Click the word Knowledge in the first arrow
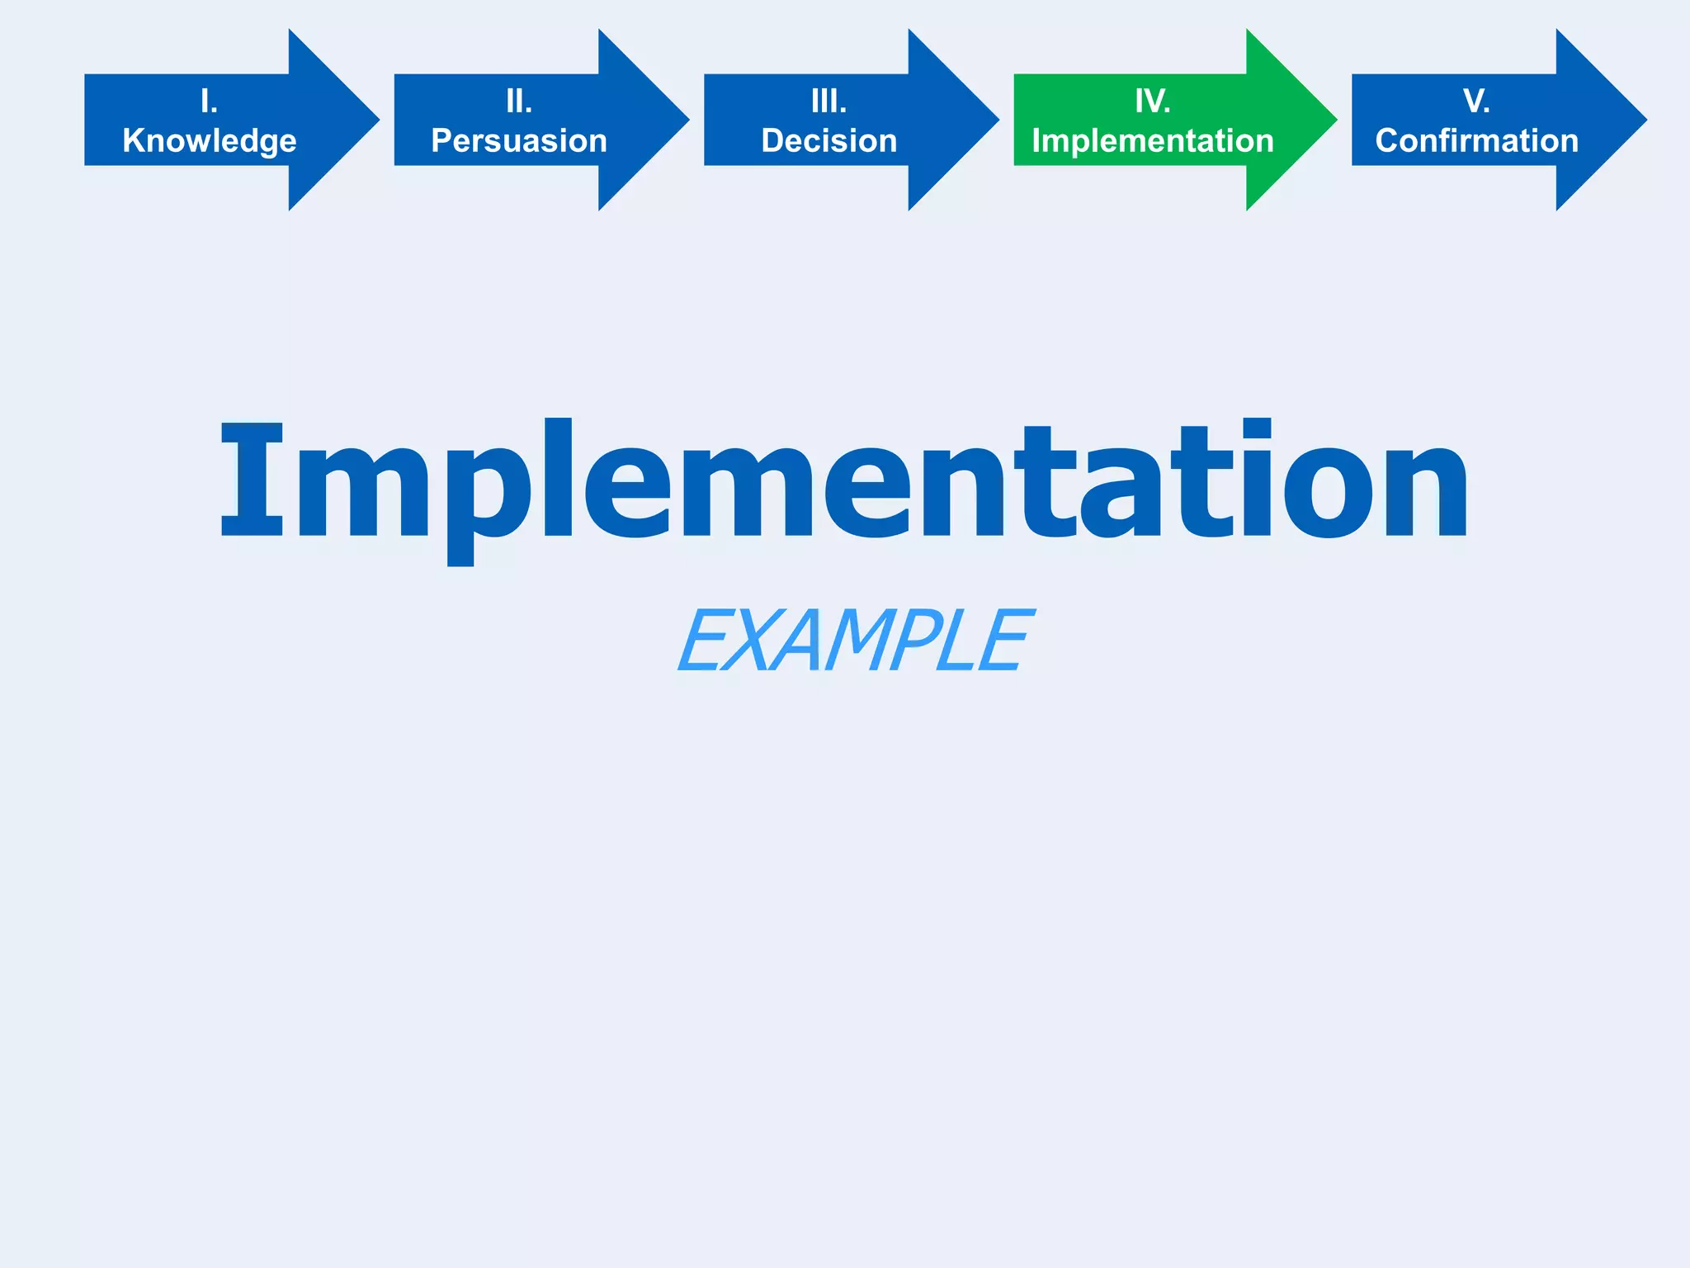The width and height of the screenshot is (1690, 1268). click(x=210, y=141)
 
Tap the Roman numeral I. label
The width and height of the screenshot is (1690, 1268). click(x=210, y=102)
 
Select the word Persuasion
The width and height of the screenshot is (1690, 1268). click(x=519, y=141)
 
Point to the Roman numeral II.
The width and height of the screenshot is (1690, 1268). click(x=519, y=102)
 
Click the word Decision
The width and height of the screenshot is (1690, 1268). click(x=829, y=141)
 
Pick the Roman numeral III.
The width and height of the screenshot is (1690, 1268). click(x=829, y=102)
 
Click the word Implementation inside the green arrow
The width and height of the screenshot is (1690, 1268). click(x=1153, y=141)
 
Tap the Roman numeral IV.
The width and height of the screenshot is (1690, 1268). click(x=1153, y=102)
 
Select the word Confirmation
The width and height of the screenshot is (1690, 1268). click(x=1477, y=141)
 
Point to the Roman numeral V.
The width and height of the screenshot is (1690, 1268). click(x=1476, y=102)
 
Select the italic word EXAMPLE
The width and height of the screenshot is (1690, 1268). click(x=855, y=640)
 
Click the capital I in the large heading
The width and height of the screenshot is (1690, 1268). click(x=252, y=480)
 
